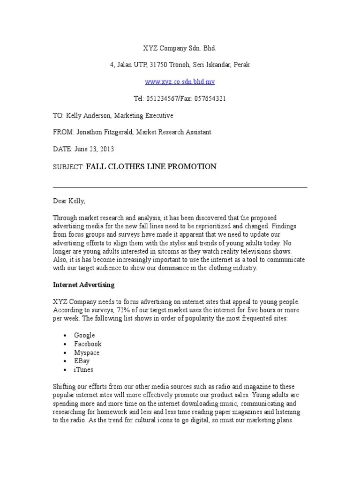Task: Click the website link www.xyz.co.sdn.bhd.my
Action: [180, 82]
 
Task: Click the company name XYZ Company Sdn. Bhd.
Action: [180, 48]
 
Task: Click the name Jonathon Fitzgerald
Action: [103, 132]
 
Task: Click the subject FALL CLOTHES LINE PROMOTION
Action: [151, 166]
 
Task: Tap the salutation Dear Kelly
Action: [68, 201]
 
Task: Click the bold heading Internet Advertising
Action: [83, 285]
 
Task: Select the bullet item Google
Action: [84, 335]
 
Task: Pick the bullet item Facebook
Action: [88, 344]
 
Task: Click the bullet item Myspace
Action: [87, 352]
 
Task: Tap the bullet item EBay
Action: [82, 361]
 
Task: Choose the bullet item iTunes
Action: [83, 369]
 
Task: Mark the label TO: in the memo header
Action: [58, 115]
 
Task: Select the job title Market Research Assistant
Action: [173, 132]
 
